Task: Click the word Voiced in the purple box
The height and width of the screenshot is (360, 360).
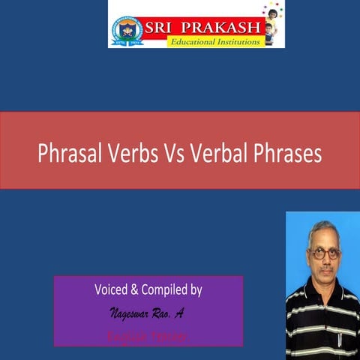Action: coord(112,289)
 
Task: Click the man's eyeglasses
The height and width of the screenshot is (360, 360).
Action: coord(323,253)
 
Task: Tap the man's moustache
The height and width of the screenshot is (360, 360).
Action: coord(324,268)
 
